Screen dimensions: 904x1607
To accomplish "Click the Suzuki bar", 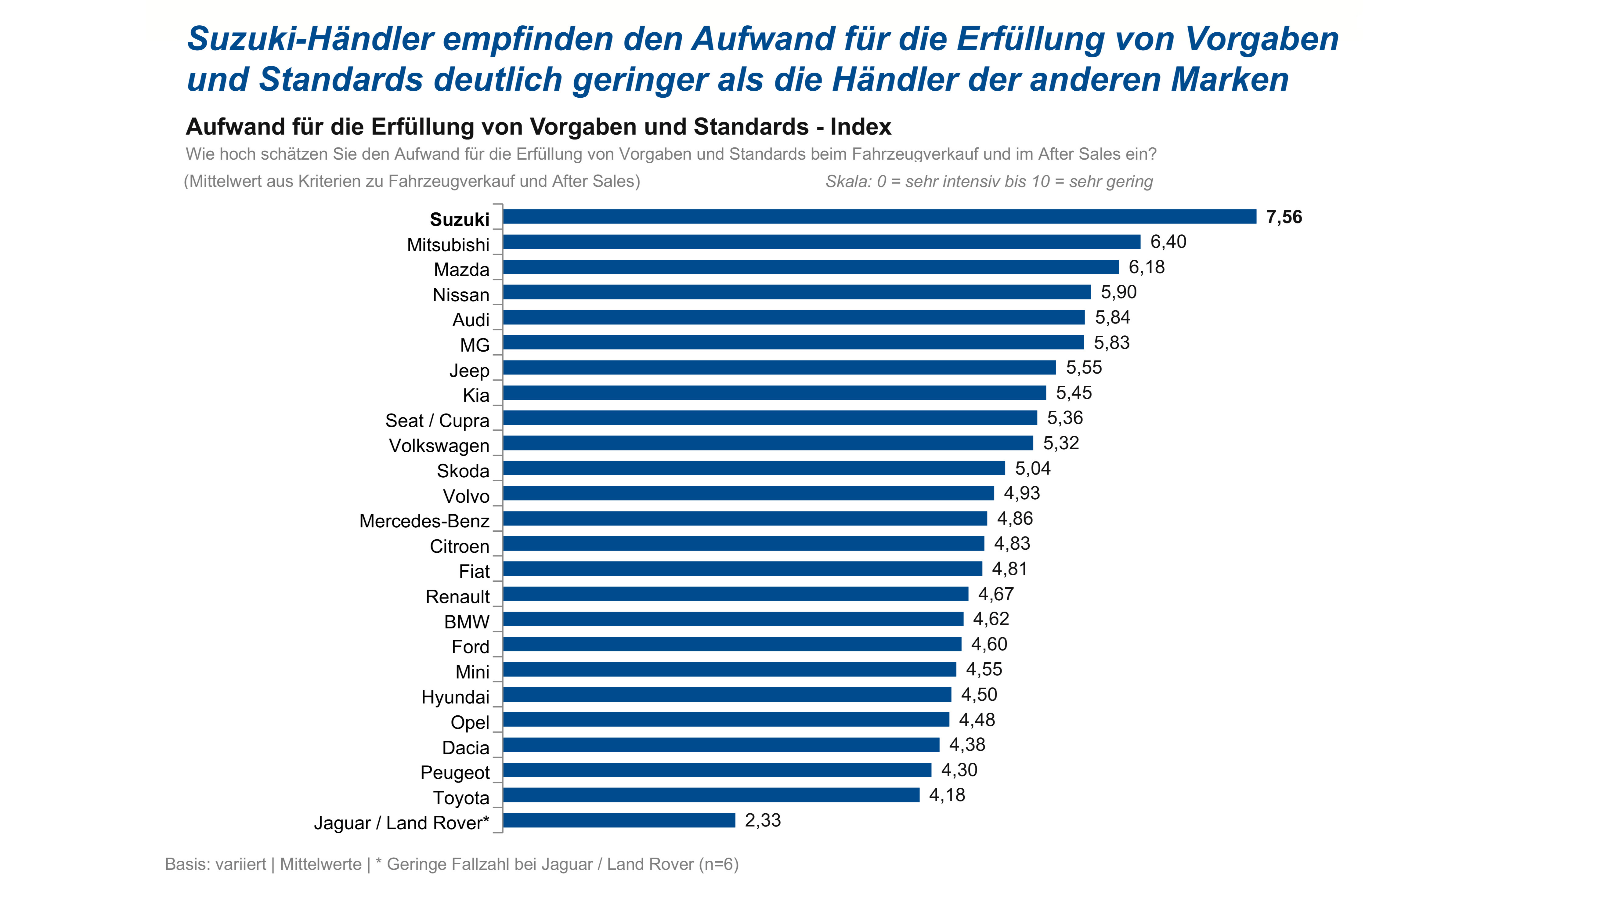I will [x=879, y=216].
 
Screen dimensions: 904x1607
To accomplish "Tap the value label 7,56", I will [x=1284, y=217].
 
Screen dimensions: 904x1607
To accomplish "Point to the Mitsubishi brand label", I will [x=448, y=244].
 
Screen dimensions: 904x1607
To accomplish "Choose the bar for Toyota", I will [x=711, y=795].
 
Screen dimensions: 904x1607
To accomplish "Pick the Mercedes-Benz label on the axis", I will [x=424, y=521].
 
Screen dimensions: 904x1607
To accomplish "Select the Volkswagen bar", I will [x=768, y=443].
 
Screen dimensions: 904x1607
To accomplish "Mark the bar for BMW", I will [x=733, y=619].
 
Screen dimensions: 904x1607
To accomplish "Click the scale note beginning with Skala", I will [x=989, y=182].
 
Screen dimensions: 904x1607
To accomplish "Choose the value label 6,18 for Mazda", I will [x=1147, y=267].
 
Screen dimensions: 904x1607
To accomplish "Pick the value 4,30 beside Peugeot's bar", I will [x=959, y=770].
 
